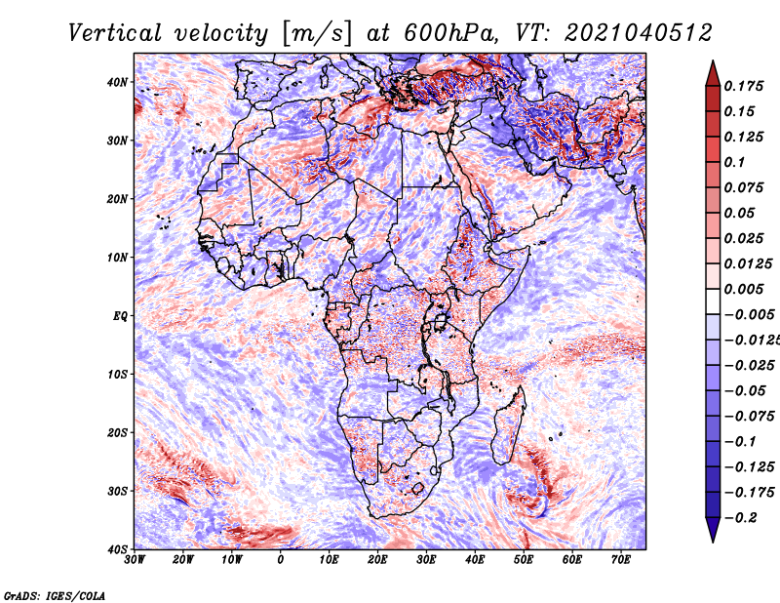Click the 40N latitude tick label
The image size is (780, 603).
pyautogui.click(x=116, y=82)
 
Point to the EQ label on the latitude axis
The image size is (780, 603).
pyautogui.click(x=120, y=316)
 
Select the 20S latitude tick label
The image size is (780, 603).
pyautogui.click(x=116, y=432)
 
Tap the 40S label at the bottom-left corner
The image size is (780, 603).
pyautogui.click(x=116, y=549)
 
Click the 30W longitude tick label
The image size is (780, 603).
pyautogui.click(x=135, y=560)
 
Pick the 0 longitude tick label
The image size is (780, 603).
pyautogui.click(x=281, y=560)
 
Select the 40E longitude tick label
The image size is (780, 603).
pyautogui.click(x=475, y=560)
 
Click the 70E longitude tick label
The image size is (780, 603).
pyautogui.click(x=621, y=560)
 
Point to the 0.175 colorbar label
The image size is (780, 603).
pyautogui.click(x=744, y=87)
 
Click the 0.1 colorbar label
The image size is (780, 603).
pyautogui.click(x=735, y=162)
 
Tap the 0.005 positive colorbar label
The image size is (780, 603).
pyautogui.click(x=744, y=289)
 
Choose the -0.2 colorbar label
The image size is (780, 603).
pyautogui.click(x=741, y=518)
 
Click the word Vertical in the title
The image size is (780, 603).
pyautogui.click(x=115, y=34)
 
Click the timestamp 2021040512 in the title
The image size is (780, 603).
pyautogui.click(x=639, y=34)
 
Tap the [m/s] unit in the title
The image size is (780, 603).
pyautogui.click(x=317, y=34)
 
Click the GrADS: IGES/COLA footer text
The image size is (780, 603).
pyautogui.click(x=55, y=595)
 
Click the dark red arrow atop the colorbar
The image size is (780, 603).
pyautogui.click(x=713, y=73)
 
